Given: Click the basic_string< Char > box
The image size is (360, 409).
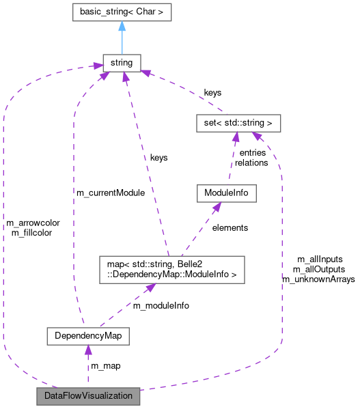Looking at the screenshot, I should [122, 12].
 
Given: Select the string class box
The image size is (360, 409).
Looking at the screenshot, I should [122, 64].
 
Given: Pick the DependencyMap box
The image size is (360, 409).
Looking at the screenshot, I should [87, 336].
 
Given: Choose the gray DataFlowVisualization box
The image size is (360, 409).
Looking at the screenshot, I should [88, 396].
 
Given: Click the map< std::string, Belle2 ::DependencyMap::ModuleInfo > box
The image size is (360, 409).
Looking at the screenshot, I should [171, 269].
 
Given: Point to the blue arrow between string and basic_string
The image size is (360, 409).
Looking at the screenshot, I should [122, 41].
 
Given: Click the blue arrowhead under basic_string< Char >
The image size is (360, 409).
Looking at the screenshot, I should [122, 26].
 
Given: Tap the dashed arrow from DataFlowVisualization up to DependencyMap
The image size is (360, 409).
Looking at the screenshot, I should [87, 369].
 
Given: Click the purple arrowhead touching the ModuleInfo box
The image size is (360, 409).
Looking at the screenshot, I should [214, 206].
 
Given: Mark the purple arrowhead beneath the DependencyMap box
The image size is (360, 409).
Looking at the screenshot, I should [87, 351].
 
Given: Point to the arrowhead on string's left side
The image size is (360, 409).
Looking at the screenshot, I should [96, 67].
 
